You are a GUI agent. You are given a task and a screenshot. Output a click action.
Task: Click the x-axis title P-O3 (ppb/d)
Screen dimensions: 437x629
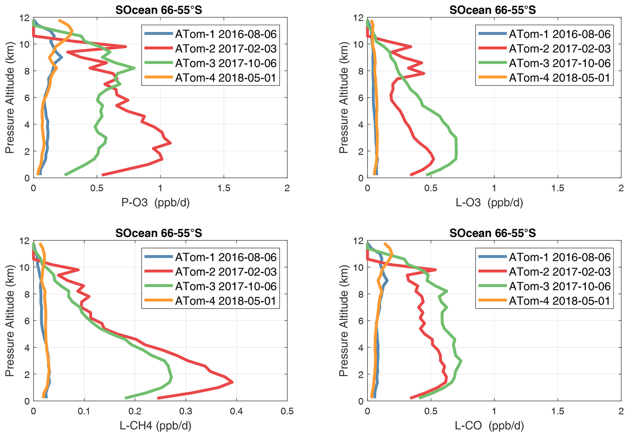156,203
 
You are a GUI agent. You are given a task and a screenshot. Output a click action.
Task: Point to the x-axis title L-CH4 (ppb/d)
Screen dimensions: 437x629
156,426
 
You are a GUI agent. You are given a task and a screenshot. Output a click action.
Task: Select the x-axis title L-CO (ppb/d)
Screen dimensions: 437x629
489,426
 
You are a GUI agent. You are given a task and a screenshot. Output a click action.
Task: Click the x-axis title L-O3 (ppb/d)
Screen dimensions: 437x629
489,203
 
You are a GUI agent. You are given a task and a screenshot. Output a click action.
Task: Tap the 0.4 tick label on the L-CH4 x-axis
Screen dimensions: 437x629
236,411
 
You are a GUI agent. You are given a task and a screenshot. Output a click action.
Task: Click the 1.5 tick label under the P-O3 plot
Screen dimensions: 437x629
224,188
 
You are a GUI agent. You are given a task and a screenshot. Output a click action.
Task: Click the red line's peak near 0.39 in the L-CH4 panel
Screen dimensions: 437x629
232,382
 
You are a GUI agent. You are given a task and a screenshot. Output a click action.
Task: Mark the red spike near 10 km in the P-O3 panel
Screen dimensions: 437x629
126,47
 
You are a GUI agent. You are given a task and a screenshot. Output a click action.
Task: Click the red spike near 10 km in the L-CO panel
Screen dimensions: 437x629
436,270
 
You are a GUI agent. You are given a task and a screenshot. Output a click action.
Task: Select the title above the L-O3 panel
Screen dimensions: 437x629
492,10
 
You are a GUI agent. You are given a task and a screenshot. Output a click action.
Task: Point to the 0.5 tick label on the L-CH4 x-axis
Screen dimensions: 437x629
287,411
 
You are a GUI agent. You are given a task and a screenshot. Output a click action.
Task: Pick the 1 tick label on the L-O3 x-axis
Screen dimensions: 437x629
494,188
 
